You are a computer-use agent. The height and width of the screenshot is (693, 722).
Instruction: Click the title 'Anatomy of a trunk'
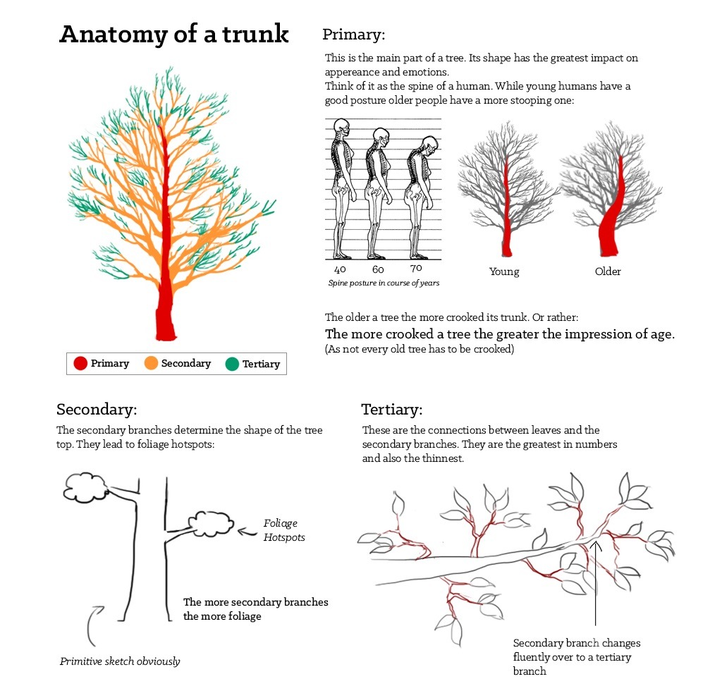click(174, 34)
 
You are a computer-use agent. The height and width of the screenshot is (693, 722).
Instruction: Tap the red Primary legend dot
click(80, 363)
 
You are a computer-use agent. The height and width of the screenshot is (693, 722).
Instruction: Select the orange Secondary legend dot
click(151, 363)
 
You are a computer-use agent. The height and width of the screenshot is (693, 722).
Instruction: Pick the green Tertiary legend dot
click(232, 364)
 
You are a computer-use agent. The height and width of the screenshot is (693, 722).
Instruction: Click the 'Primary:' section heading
click(354, 35)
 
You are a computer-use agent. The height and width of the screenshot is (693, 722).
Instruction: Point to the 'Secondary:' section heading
click(97, 410)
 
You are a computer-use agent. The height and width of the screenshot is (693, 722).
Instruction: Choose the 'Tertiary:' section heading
click(392, 410)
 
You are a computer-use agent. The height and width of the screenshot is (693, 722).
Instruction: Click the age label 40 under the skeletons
click(341, 269)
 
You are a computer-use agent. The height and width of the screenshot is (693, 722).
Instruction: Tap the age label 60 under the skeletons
click(378, 269)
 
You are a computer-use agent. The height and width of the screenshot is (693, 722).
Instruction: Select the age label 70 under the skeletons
click(416, 268)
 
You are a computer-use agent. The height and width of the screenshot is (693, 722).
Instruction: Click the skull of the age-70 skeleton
click(429, 144)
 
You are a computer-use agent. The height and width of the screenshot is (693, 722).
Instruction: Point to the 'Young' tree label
click(504, 271)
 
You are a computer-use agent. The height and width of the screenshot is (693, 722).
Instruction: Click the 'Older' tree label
click(608, 271)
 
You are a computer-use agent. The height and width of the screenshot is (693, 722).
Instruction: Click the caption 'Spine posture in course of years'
click(384, 283)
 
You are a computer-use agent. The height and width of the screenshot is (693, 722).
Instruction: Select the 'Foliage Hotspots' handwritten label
click(284, 530)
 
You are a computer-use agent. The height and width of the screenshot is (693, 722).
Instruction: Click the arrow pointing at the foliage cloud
click(247, 532)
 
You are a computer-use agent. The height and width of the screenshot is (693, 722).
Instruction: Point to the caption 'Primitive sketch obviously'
click(120, 661)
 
